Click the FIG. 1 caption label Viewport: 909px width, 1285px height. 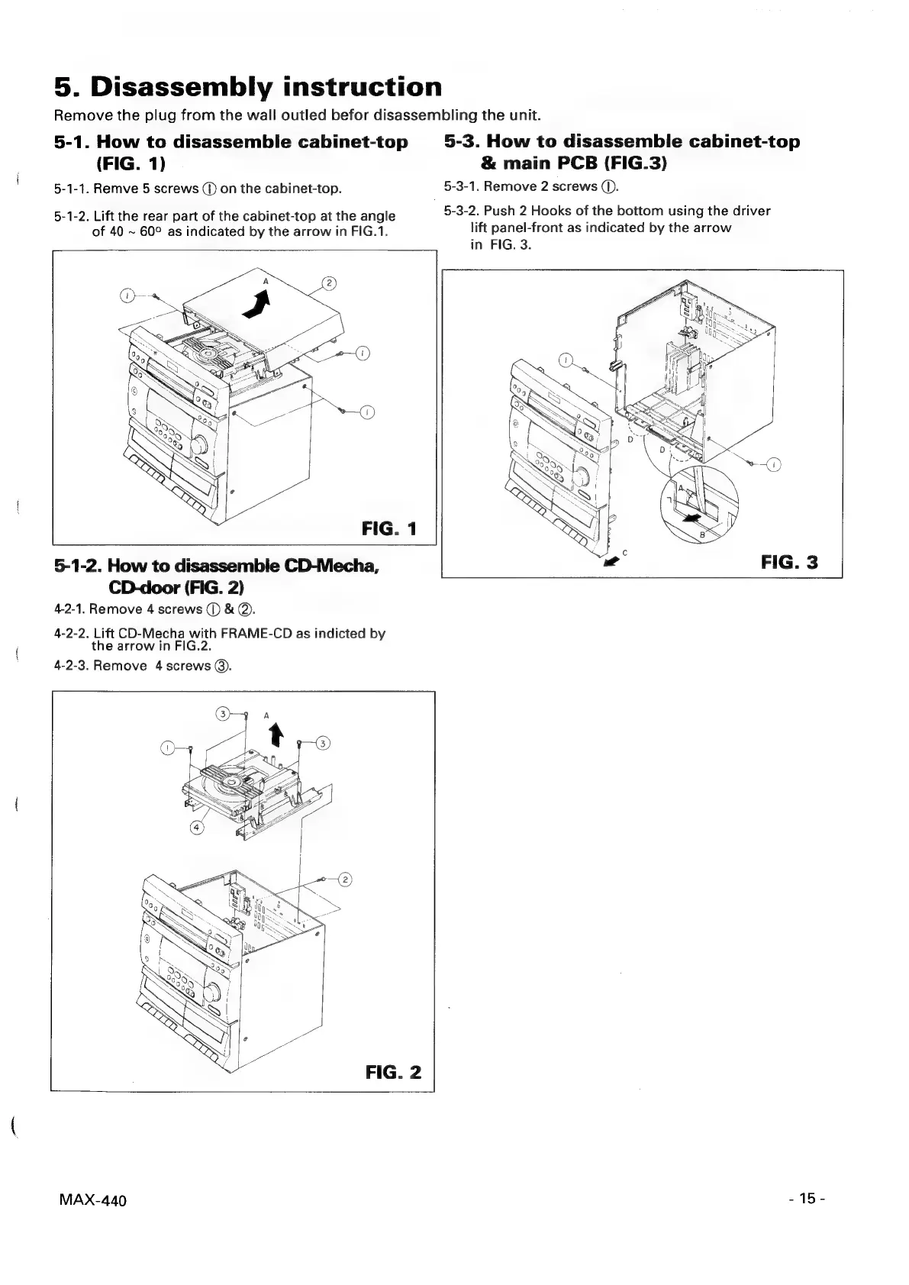click(389, 528)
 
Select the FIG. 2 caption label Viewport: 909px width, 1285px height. click(393, 1071)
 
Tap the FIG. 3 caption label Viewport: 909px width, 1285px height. click(789, 563)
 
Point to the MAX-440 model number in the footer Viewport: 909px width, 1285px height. click(92, 1200)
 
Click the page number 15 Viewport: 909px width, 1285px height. click(807, 1198)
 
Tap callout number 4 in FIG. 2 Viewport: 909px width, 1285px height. click(197, 828)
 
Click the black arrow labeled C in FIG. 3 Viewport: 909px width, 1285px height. click(611, 563)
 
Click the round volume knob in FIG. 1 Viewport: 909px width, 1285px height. click(201, 444)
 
